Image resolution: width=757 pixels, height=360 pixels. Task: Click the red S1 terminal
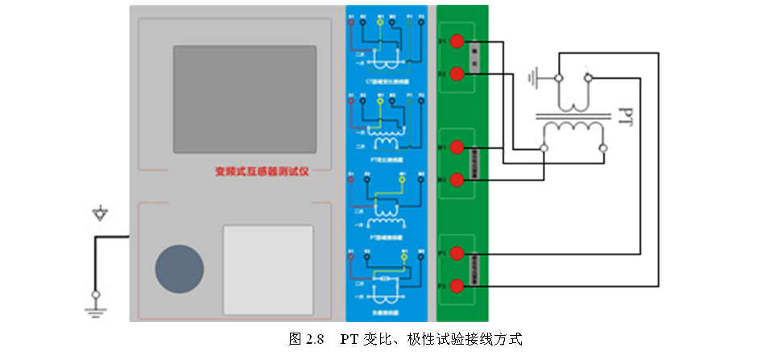(x=457, y=42)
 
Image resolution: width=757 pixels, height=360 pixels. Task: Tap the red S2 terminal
(x=457, y=74)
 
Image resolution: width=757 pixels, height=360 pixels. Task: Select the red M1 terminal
(x=457, y=147)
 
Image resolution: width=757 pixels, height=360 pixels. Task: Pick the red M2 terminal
(x=457, y=179)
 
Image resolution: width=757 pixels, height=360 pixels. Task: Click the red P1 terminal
(x=457, y=254)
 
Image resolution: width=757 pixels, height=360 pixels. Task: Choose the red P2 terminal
(x=457, y=286)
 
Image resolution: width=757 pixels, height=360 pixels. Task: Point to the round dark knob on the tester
(x=180, y=268)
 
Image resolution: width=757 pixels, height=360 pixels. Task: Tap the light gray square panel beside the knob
(x=268, y=269)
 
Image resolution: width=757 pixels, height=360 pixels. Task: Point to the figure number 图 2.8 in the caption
(x=306, y=338)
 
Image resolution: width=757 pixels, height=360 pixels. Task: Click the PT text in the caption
(x=350, y=338)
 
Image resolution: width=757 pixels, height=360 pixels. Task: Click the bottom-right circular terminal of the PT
(x=603, y=148)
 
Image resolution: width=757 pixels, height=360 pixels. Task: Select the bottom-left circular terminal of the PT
(x=545, y=148)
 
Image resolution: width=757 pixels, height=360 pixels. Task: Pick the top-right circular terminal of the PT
(x=589, y=77)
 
